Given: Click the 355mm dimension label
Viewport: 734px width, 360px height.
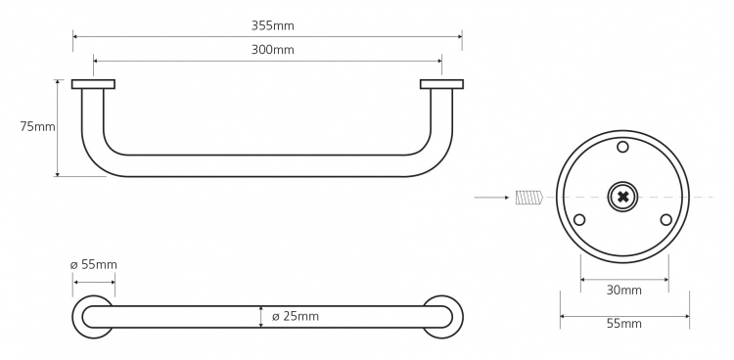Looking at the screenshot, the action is click(272, 25).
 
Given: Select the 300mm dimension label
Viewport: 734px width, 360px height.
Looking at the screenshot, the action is click(272, 50).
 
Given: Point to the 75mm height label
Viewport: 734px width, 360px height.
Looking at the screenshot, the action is click(37, 126).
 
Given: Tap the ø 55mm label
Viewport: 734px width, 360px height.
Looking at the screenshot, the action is click(94, 264).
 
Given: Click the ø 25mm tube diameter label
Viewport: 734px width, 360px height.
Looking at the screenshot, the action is click(296, 316).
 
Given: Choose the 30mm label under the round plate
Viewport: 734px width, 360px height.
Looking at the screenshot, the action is click(624, 291).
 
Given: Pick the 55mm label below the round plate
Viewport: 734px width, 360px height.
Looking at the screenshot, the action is click(624, 324).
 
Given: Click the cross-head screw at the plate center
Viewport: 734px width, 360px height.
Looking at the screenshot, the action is click(623, 197).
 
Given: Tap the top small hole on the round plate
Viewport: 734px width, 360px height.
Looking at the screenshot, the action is click(622, 147).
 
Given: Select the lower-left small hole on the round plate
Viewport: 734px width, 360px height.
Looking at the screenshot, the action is click(579, 219).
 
